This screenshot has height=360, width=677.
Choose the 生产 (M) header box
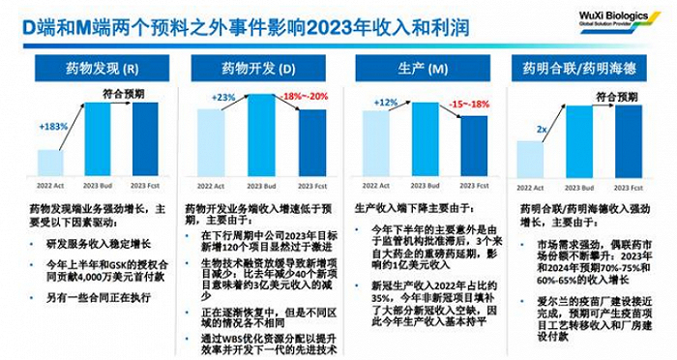[x=428, y=70]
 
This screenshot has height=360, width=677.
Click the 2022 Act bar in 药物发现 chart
[x=50, y=164]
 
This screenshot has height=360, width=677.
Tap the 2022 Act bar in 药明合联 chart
[x=530, y=160]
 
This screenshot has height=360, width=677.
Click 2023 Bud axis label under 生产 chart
[x=427, y=186]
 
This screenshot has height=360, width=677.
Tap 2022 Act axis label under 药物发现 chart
[x=50, y=186]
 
